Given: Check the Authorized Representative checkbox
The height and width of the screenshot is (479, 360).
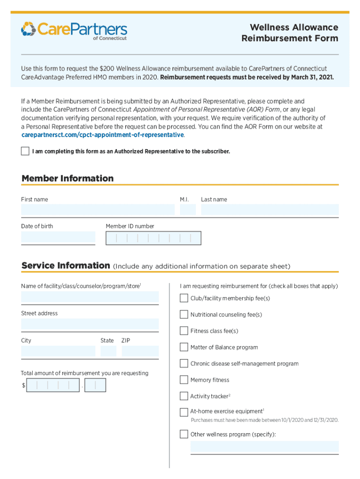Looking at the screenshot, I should click(25, 151).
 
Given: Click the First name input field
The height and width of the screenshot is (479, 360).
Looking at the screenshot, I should click(97, 210).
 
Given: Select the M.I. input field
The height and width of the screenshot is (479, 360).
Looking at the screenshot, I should click(187, 210).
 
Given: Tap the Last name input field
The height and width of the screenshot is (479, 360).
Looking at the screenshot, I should click(269, 210).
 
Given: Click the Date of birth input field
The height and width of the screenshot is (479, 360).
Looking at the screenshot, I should click(58, 238).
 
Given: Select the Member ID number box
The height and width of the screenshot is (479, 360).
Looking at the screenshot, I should click(153, 238).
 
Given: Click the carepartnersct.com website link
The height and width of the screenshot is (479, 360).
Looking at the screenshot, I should click(102, 135).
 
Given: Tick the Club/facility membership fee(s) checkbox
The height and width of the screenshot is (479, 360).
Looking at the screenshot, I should click(184, 298).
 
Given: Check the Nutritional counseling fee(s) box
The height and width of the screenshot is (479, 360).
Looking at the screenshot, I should click(184, 314).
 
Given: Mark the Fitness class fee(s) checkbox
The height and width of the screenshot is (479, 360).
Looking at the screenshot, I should click(184, 331).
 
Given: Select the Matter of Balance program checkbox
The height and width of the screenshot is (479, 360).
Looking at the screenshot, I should click(184, 347).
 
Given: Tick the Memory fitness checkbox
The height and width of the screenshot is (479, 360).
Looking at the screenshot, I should click(184, 380).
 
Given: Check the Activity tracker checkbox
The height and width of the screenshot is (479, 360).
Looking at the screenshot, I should click(184, 396).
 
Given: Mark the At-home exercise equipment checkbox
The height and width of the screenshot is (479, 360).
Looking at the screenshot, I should click(184, 412).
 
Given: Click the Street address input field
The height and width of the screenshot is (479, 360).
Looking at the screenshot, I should click(90, 324).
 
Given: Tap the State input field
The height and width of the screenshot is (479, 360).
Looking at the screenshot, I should click(108, 351).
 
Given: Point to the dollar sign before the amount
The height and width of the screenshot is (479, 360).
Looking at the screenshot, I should click(23, 385).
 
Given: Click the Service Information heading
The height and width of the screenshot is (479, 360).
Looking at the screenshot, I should click(65, 266).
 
